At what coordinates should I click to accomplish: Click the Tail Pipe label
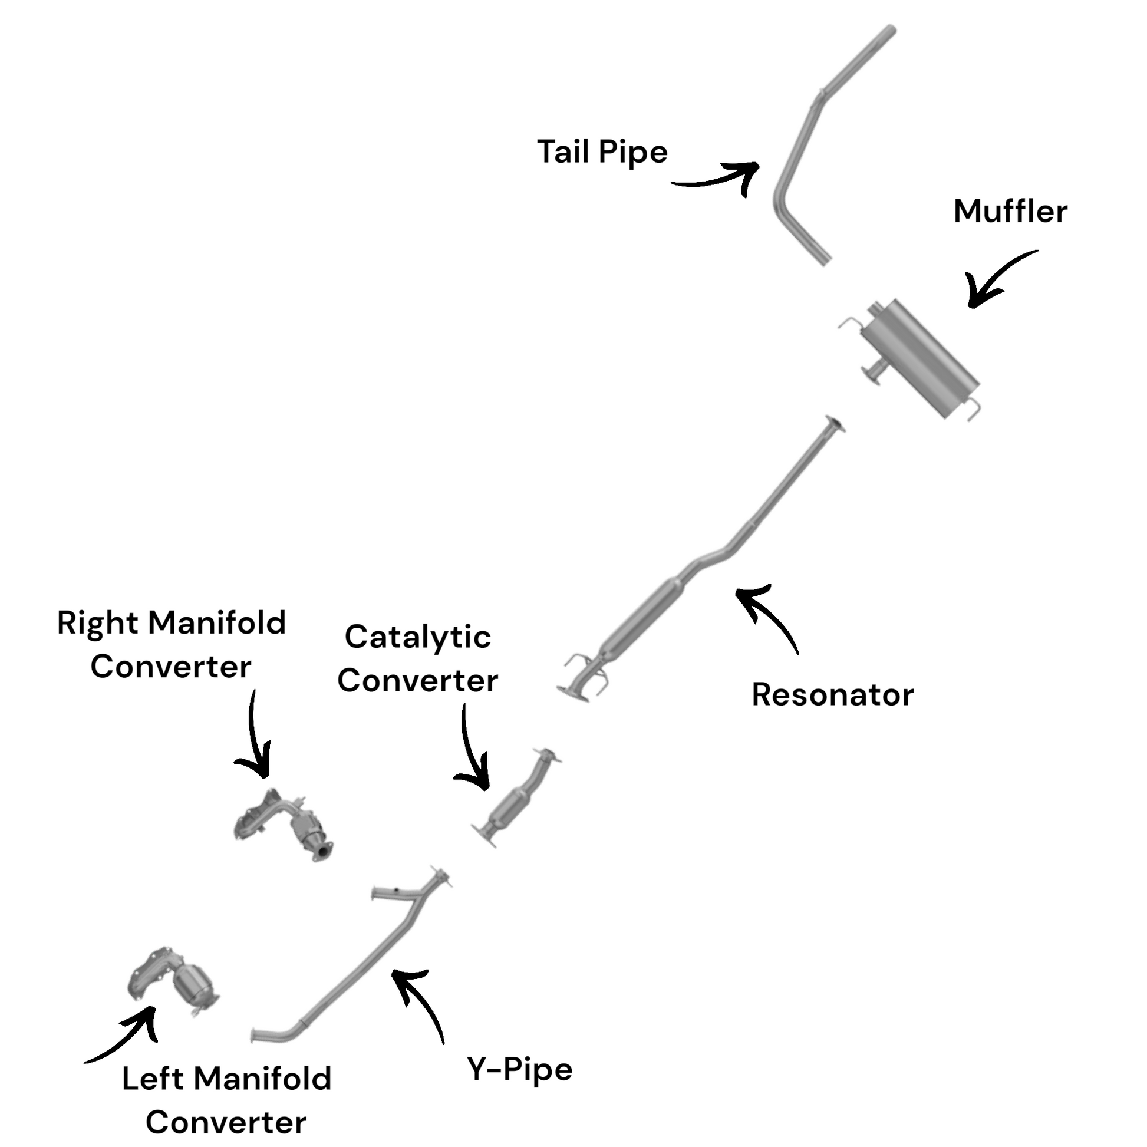602,153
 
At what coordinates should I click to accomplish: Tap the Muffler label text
1010,212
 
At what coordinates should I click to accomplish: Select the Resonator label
832,694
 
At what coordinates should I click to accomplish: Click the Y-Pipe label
519,1070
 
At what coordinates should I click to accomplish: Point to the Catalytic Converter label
417,659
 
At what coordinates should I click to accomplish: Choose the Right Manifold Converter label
172,645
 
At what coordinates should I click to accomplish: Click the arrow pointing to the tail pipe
718,177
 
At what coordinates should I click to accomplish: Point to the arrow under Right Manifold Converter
255,736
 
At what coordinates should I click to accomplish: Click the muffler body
917,356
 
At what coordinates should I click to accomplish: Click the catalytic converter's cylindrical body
509,807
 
